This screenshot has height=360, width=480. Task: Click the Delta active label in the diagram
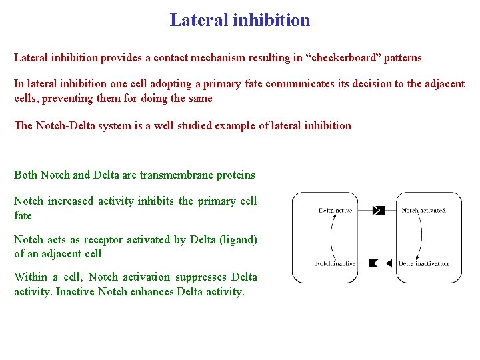[x=335, y=211]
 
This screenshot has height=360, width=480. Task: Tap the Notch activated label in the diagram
[x=423, y=211]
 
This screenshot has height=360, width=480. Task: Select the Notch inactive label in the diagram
[x=335, y=263]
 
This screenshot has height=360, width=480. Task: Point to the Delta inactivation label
[x=423, y=263]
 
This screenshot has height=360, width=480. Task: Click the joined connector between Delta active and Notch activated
[x=378, y=211]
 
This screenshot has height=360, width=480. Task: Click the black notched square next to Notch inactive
[x=373, y=263]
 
